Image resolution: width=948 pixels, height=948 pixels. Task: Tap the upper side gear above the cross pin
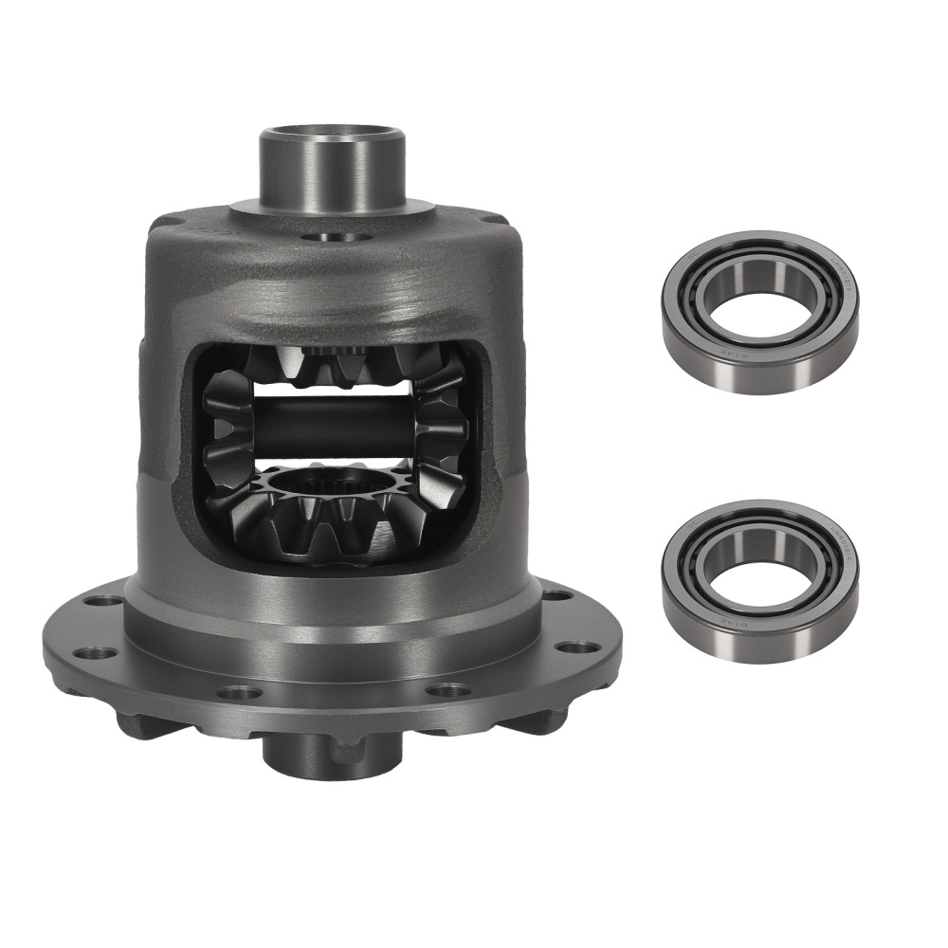pyautogui.click(x=332, y=365)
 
